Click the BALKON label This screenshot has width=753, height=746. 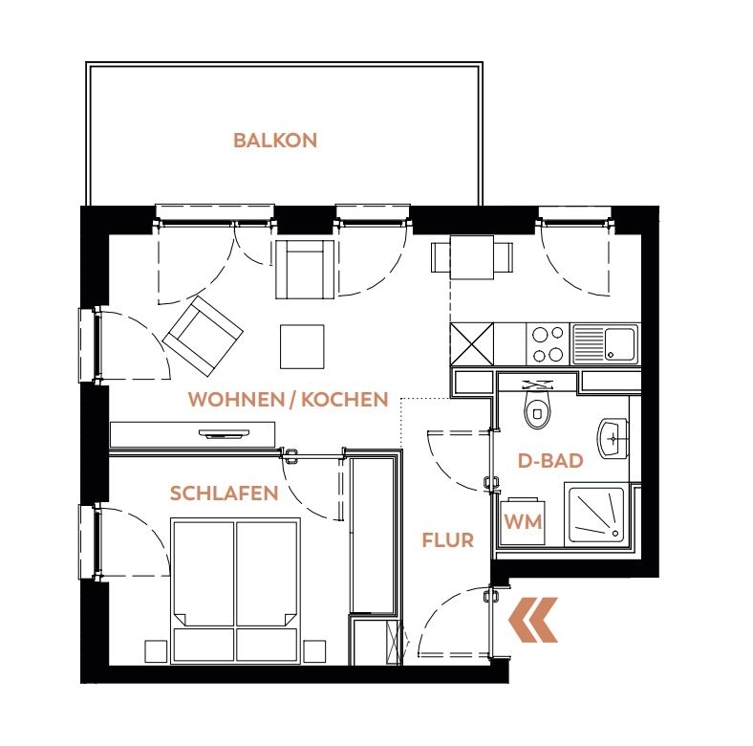coord(275,141)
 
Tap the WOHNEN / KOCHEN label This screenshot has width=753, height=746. coord(289,400)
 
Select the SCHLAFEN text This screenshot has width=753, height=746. coord(225,494)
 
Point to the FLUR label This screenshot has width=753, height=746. coord(447,540)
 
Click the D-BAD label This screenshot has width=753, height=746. coord(550,460)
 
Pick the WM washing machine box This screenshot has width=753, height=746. coord(523,522)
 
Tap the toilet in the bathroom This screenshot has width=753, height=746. coord(538,407)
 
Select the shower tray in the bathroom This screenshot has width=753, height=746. coord(596,515)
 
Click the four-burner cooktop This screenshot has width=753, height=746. coord(548,343)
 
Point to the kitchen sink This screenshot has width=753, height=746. coord(605,343)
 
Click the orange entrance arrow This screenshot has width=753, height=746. coord(533,620)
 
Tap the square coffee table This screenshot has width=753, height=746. coord(302,346)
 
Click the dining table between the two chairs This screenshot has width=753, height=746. coord(472,257)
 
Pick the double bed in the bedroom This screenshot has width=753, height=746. coord(235,590)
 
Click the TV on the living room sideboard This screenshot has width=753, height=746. coord(226,434)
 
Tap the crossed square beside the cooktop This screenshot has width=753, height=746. coord(472,343)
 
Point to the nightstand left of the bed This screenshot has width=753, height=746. coord(156,651)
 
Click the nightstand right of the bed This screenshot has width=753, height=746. coord(314,651)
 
